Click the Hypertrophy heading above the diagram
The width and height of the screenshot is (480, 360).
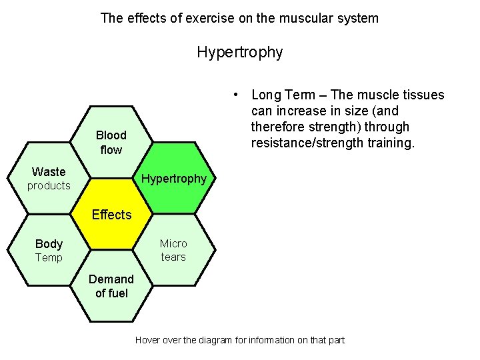240,51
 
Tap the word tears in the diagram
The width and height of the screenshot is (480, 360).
173,257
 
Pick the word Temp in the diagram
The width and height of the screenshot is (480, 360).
49,258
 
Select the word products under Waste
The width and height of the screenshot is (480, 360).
49,186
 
